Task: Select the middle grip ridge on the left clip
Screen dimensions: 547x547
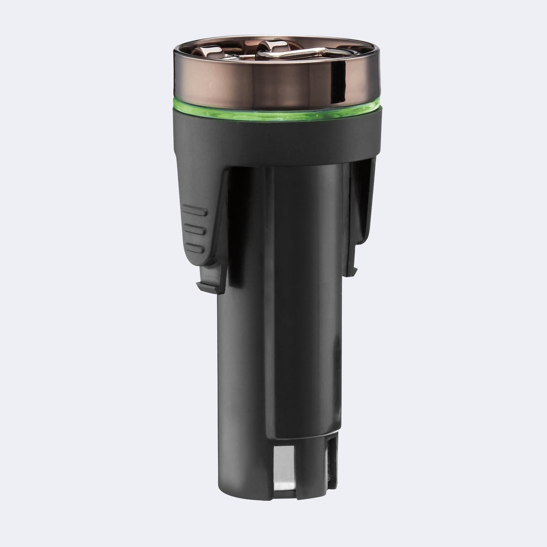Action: (x=195, y=228)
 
